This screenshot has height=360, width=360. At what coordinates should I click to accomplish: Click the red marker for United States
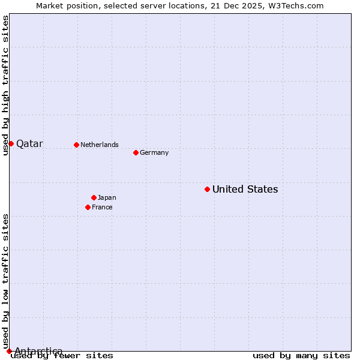coord(207,189)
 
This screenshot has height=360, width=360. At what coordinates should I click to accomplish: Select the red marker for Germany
coord(136,152)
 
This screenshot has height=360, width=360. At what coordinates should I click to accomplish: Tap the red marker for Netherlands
coord(76,145)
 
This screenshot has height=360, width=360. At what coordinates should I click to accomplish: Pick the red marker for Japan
coord(94,197)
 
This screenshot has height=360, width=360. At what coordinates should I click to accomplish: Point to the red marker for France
coord(88,207)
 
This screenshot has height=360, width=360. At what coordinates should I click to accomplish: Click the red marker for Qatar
coord(11,143)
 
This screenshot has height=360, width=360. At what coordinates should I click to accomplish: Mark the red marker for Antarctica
coord(9,351)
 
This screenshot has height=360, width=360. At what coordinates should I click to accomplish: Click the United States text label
coord(245,190)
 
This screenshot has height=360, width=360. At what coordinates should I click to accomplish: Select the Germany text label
coord(154,153)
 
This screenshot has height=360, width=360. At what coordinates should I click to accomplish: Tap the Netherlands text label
coord(100,145)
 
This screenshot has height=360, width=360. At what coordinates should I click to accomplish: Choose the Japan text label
coord(107,198)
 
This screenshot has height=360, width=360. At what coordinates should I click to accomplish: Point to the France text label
coord(102,208)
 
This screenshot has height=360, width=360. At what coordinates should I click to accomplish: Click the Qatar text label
coord(29,144)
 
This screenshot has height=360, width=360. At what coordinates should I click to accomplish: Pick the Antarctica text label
coord(38,351)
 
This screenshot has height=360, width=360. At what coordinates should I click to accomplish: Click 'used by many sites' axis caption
coord(301,355)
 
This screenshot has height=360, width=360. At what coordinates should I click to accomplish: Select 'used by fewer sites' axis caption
coord(62,355)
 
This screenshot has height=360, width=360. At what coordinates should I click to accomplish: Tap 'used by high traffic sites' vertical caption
coord(5,85)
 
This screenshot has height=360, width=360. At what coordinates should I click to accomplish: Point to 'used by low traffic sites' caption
coord(5,281)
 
